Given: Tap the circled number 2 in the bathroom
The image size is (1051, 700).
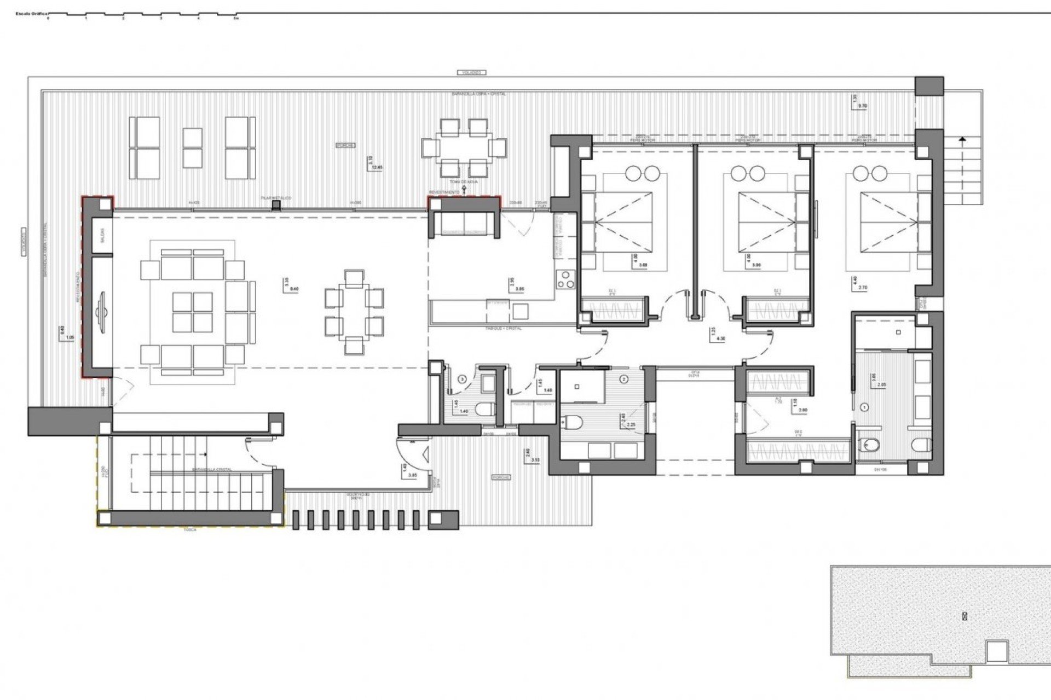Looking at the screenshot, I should [624, 378].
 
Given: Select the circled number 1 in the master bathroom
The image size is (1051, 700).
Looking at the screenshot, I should [865, 407].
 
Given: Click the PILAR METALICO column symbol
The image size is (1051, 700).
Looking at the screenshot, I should [278, 205].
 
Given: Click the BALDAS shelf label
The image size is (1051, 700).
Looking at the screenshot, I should [102, 236].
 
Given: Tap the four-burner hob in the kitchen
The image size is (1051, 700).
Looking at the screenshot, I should [564, 279].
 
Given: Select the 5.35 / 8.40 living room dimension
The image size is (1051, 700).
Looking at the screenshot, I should [291, 285].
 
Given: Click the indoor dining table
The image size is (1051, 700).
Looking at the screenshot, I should [354, 312].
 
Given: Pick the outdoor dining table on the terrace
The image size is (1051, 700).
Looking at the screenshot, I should [464, 148].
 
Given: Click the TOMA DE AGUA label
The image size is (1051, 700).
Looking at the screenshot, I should [464, 182].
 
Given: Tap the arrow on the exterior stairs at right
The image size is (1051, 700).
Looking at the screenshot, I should [962, 140].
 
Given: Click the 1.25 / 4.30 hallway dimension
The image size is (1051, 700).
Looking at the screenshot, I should [717, 334].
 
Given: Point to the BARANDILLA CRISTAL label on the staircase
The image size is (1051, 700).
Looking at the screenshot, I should [211, 470].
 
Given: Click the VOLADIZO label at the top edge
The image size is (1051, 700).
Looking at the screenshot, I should [471, 72].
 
